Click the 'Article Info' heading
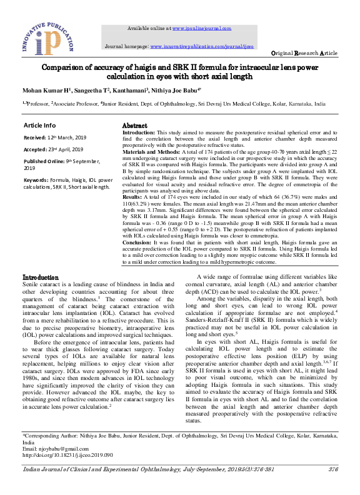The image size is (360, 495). click(x=39, y=125)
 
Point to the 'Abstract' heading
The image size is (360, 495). click(x=134, y=126)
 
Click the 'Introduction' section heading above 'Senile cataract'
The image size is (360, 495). click(x=41, y=277)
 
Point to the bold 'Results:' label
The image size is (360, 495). click(x=132, y=196)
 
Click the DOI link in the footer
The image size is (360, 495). click(x=67, y=455)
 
